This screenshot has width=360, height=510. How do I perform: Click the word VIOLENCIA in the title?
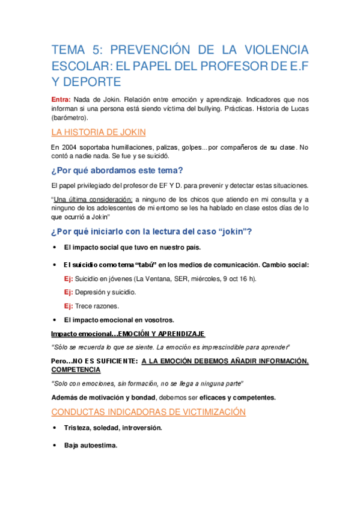[272, 49]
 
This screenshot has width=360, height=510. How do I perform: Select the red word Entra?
[62, 99]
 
